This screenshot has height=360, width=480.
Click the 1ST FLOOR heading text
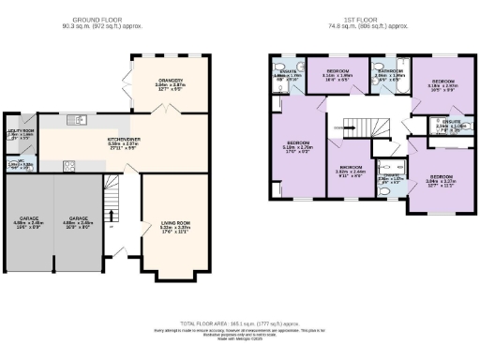coord(363,18)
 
